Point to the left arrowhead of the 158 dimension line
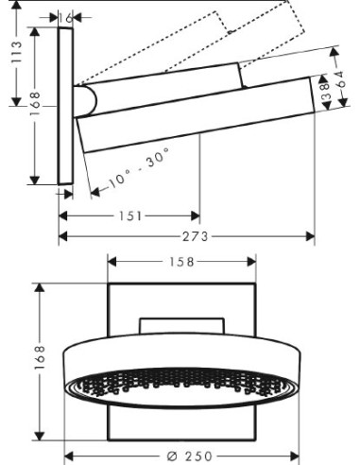click(x=112, y=261)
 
